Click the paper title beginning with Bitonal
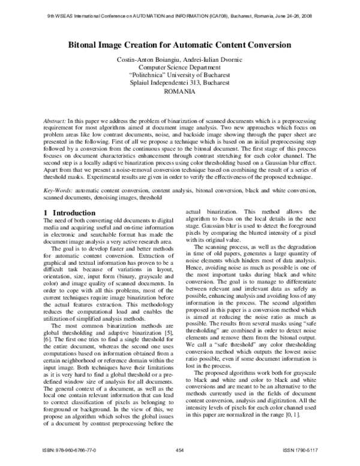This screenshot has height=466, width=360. (180, 44)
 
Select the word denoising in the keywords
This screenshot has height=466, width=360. (109, 198)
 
